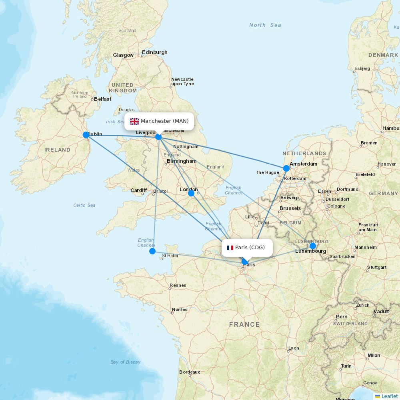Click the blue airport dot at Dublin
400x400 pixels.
(86, 135)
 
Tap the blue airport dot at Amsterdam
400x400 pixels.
(286, 168)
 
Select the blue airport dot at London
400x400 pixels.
(191, 193)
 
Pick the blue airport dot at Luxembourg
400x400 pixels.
(313, 246)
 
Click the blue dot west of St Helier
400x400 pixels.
(152, 251)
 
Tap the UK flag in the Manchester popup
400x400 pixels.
(134, 121)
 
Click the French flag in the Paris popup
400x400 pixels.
(230, 248)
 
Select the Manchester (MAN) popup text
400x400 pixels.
(164, 121)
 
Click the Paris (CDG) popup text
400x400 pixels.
(250, 248)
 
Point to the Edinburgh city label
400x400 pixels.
(154, 52)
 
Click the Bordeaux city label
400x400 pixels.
(190, 372)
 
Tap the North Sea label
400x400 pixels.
(265, 25)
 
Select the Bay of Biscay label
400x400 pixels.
(125, 362)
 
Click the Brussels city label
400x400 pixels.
(290, 208)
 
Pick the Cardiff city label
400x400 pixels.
(139, 190)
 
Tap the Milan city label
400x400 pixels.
(374, 356)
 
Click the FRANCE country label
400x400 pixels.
(244, 324)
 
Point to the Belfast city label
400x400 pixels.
(102, 99)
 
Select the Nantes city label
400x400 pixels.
(180, 310)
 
